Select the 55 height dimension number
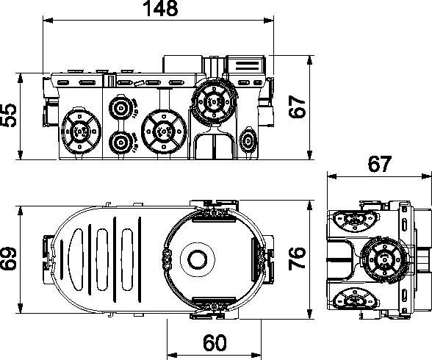(x=10, y=115)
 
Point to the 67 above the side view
(x=380, y=165)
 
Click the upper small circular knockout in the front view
(x=120, y=110)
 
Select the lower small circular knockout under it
(x=121, y=142)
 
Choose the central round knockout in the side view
(x=380, y=259)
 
